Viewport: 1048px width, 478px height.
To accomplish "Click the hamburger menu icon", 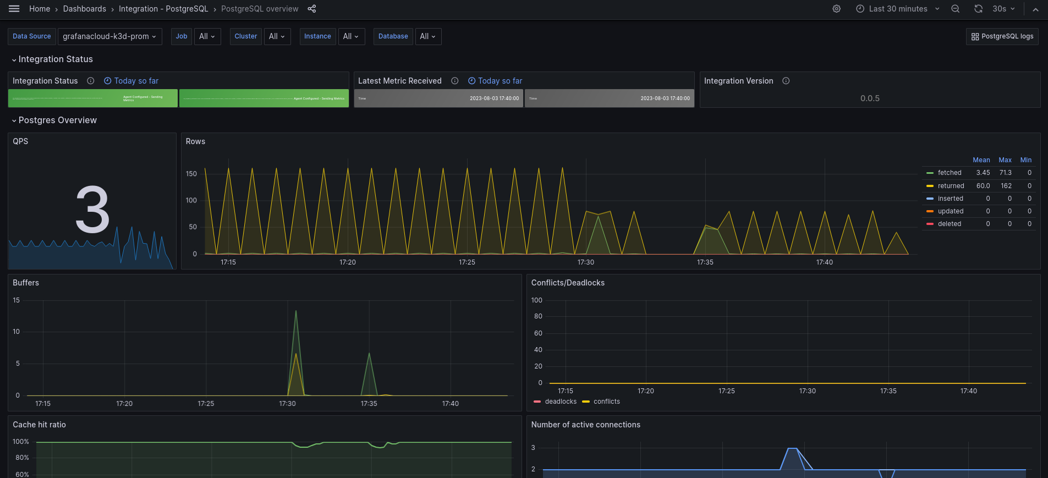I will pyautogui.click(x=14, y=9).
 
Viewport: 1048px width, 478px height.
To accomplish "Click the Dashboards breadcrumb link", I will pyautogui.click(x=84, y=9).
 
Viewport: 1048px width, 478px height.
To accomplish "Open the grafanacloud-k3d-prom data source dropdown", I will pyautogui.click(x=109, y=36).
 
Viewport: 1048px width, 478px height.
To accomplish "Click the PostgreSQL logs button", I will pyautogui.click(x=1002, y=36).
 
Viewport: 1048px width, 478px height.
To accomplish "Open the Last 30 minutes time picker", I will pyautogui.click(x=898, y=9).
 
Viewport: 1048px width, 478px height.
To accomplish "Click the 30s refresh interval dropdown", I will pyautogui.click(x=1003, y=9).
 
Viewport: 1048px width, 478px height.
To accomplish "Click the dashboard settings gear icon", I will pyautogui.click(x=836, y=9).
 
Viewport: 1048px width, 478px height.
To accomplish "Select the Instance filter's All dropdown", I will pyautogui.click(x=351, y=36).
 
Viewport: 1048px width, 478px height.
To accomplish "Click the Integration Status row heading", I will pyautogui.click(x=56, y=59).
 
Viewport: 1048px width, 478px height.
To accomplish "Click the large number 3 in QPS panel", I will pyautogui.click(x=92, y=210).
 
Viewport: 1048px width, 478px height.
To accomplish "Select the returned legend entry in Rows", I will pyautogui.click(x=951, y=186).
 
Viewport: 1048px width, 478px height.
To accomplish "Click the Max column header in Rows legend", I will pyautogui.click(x=1005, y=160).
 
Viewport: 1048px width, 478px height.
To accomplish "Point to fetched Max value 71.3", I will pyautogui.click(x=1005, y=173).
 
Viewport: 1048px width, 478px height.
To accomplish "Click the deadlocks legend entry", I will pyautogui.click(x=560, y=402).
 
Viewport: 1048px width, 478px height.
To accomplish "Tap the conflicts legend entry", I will pyautogui.click(x=606, y=402).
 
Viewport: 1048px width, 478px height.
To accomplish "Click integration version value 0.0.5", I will pyautogui.click(x=870, y=98).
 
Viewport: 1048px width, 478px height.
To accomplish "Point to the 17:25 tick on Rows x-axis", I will pyautogui.click(x=467, y=262).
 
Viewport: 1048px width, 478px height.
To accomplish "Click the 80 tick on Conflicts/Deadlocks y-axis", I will pyautogui.click(x=537, y=316).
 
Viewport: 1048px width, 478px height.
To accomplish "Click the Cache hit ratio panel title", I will pyautogui.click(x=39, y=425).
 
